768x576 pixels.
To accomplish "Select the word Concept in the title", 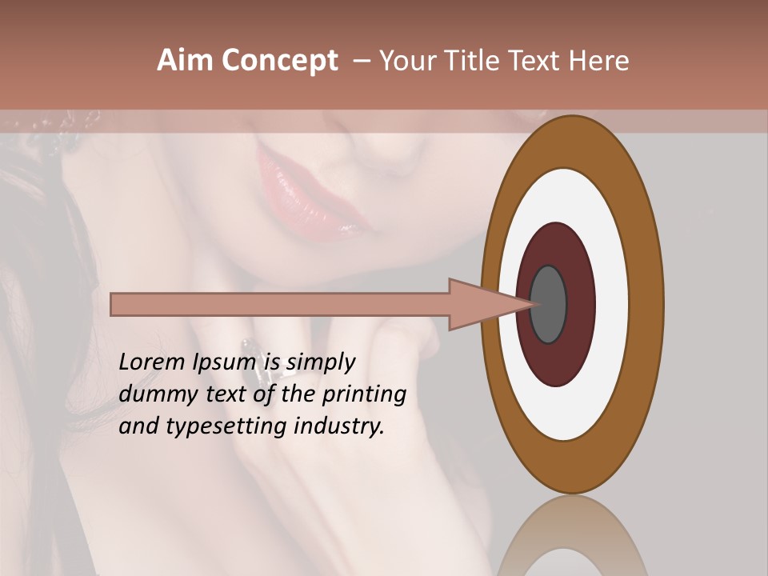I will point(280,62).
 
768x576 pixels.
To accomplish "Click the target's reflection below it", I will point(572,536).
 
